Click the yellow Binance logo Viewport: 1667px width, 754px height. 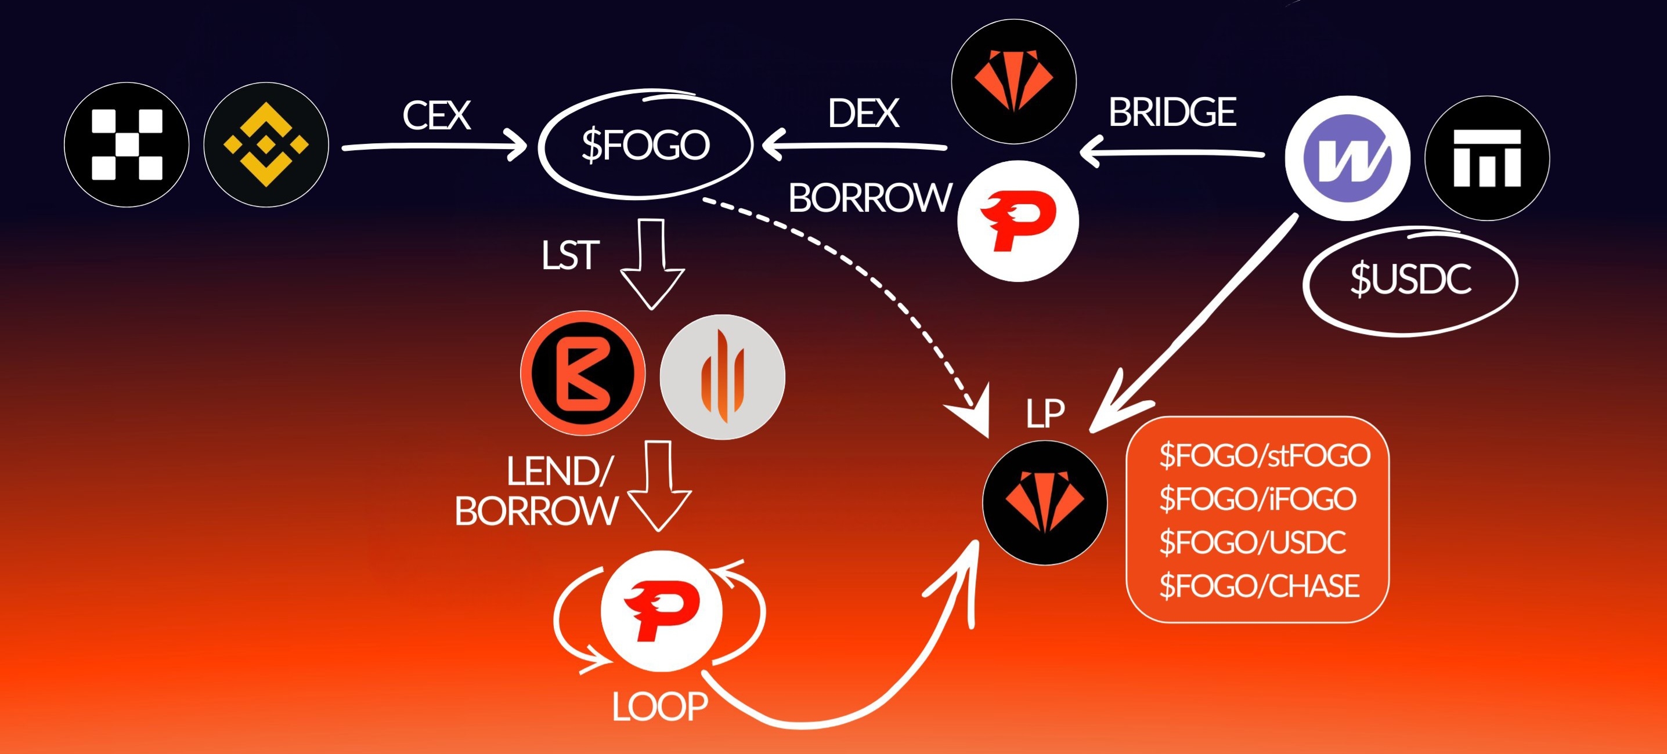click(266, 145)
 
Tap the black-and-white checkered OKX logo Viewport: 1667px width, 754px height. click(127, 145)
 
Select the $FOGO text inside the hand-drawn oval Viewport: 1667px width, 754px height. click(645, 144)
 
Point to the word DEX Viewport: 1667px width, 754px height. click(863, 114)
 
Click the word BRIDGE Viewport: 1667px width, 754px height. click(1172, 113)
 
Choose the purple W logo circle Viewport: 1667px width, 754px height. click(1347, 158)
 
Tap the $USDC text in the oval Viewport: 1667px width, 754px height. click(1410, 279)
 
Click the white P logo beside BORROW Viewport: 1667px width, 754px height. click(1018, 221)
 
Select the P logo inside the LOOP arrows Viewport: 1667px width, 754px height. click(661, 612)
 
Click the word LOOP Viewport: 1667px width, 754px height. click(660, 707)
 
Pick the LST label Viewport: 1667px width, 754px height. click(570, 255)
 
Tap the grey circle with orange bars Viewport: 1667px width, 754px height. click(722, 377)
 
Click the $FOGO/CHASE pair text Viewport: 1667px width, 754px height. click(1258, 586)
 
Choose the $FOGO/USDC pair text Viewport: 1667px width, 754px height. click(1252, 542)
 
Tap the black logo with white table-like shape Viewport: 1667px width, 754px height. click(1487, 158)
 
